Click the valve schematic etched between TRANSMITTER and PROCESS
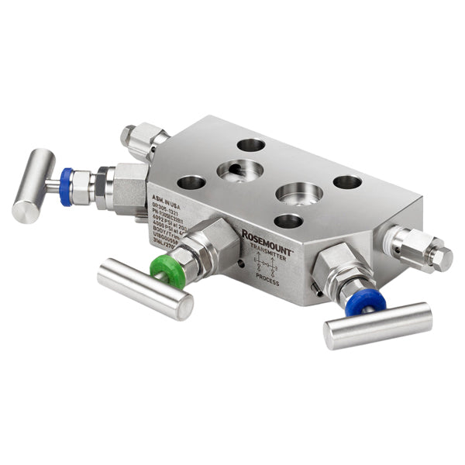tap(266, 266)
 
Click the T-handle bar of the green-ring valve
tap(145, 288)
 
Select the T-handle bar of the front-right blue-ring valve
tap(377, 325)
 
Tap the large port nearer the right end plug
tap(300, 191)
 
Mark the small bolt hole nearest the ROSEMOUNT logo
tap(288, 221)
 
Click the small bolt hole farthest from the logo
tap(251, 145)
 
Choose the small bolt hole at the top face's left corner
tap(191, 183)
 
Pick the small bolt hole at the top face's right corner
tap(347, 182)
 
